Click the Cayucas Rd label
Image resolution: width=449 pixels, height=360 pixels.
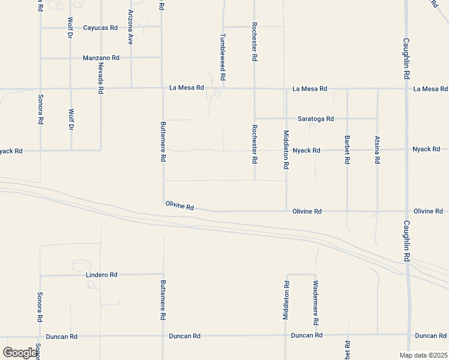point(100,28)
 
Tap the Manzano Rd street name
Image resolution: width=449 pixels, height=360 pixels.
point(101,58)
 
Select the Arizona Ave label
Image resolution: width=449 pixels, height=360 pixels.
point(130,28)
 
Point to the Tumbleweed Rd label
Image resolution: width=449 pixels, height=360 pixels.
point(222,57)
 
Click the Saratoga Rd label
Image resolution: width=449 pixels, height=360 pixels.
point(313,119)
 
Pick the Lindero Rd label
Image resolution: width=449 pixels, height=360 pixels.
point(101,275)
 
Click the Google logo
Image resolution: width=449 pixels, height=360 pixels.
point(20,353)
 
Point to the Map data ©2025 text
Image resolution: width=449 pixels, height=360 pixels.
point(423,355)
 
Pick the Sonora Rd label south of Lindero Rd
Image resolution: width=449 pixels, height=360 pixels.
point(40,307)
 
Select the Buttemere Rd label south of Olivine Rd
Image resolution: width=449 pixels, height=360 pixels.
point(163,299)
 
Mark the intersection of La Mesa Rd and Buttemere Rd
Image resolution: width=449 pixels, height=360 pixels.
point(163,88)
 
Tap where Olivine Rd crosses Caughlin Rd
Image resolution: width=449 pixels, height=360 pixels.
point(406,211)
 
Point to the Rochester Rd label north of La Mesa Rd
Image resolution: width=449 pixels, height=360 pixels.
point(255,42)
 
